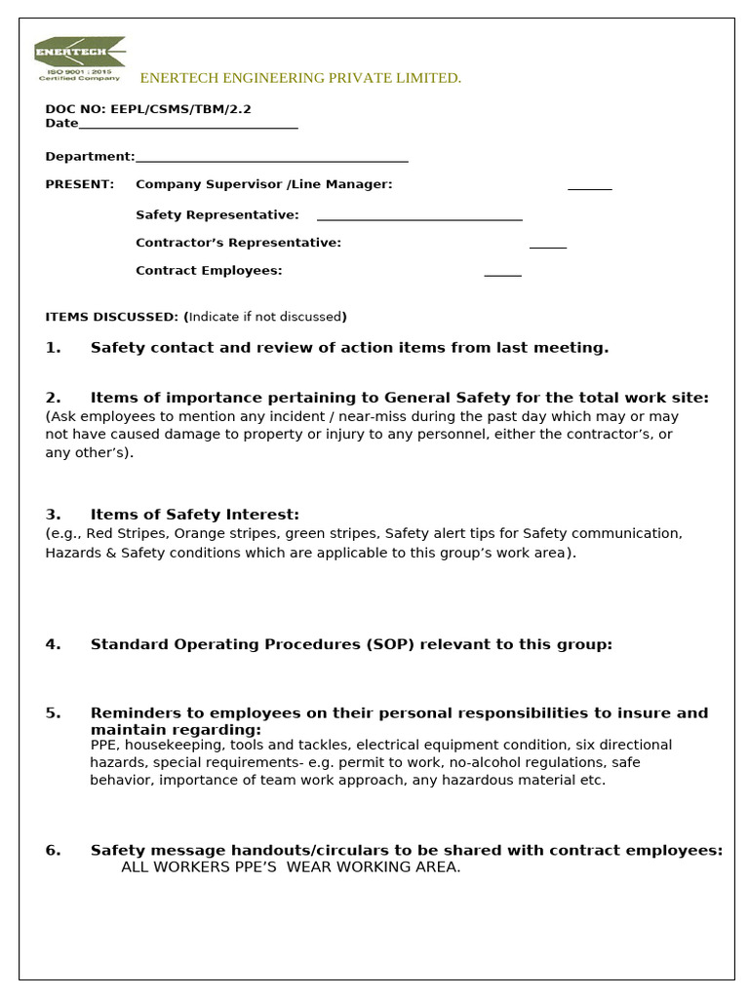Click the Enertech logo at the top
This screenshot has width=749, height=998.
tap(79, 58)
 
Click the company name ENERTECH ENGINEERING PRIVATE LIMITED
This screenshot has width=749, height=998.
tap(300, 78)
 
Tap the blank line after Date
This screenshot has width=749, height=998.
tap(187, 126)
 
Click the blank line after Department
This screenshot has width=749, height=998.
tap(271, 159)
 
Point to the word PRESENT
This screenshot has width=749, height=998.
tap(79, 184)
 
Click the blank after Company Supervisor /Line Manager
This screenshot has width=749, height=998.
tap(589, 186)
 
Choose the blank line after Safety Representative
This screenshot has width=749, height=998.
tap(419, 217)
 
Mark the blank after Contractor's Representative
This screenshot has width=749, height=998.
tap(547, 246)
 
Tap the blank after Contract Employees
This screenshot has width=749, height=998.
tap(502, 274)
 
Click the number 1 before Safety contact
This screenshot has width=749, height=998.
tap(53, 348)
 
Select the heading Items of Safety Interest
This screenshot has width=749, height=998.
tap(194, 515)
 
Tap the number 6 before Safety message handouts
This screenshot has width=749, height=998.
tap(53, 850)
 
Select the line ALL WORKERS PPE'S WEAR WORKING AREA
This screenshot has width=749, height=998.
tap(290, 867)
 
